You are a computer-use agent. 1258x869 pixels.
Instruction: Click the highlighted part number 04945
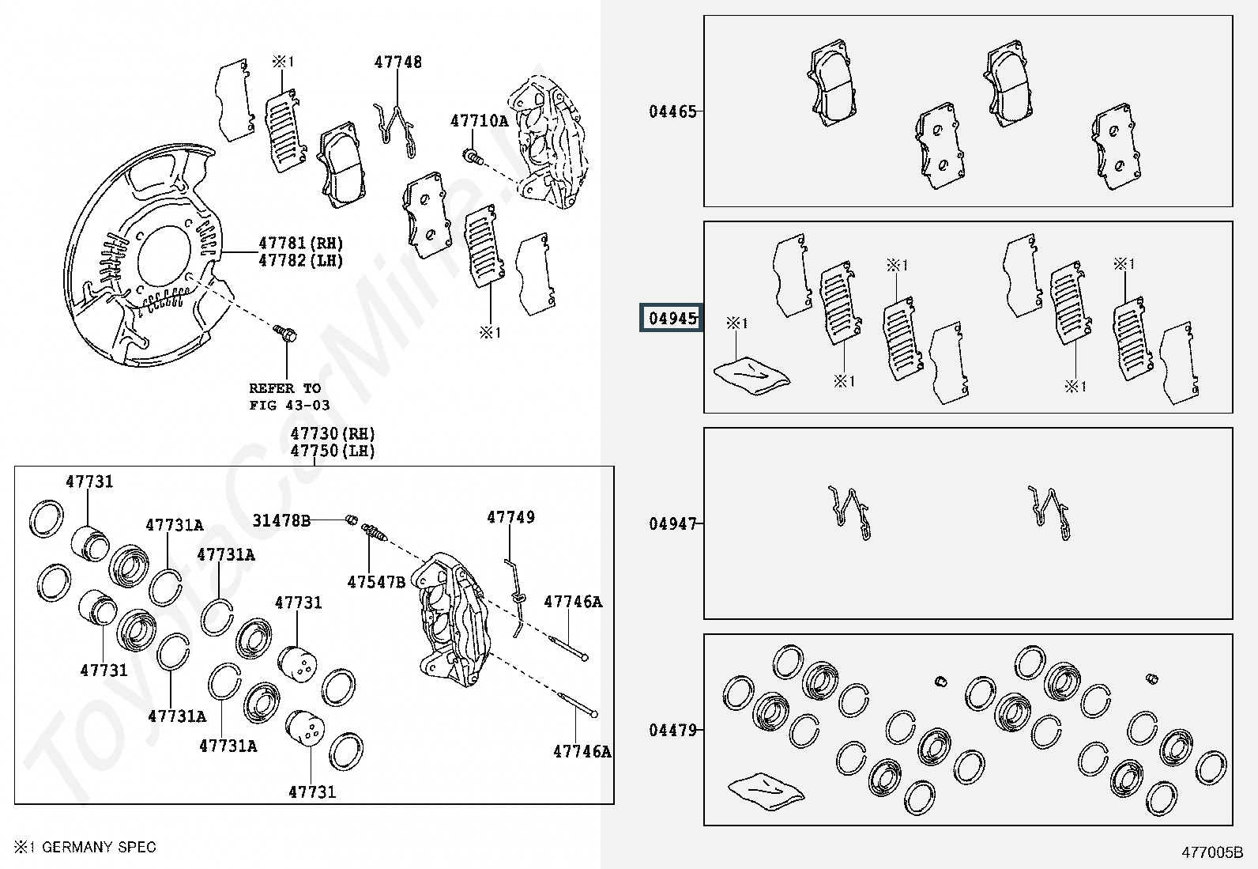[x=672, y=319]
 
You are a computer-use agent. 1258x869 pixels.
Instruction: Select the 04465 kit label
[x=672, y=111]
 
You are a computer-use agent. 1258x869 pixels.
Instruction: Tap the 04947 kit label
[x=672, y=523]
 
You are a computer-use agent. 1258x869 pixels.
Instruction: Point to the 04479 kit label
[x=672, y=730]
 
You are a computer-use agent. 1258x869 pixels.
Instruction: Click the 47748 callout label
[x=397, y=62]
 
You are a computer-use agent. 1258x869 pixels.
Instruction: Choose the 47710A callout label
[x=479, y=121]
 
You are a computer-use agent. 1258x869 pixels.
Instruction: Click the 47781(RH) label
[x=300, y=244]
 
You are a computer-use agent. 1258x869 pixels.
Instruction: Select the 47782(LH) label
[x=300, y=260]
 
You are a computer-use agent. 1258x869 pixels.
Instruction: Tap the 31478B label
[x=281, y=520]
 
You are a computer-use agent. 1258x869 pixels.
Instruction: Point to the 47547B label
[x=376, y=583]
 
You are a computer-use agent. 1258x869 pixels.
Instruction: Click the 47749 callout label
[x=510, y=517]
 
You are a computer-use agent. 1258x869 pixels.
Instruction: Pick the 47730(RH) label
[x=332, y=433]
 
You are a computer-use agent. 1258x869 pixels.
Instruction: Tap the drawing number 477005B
[x=1212, y=852]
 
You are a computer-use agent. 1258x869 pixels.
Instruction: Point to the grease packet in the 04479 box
[x=765, y=791]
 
